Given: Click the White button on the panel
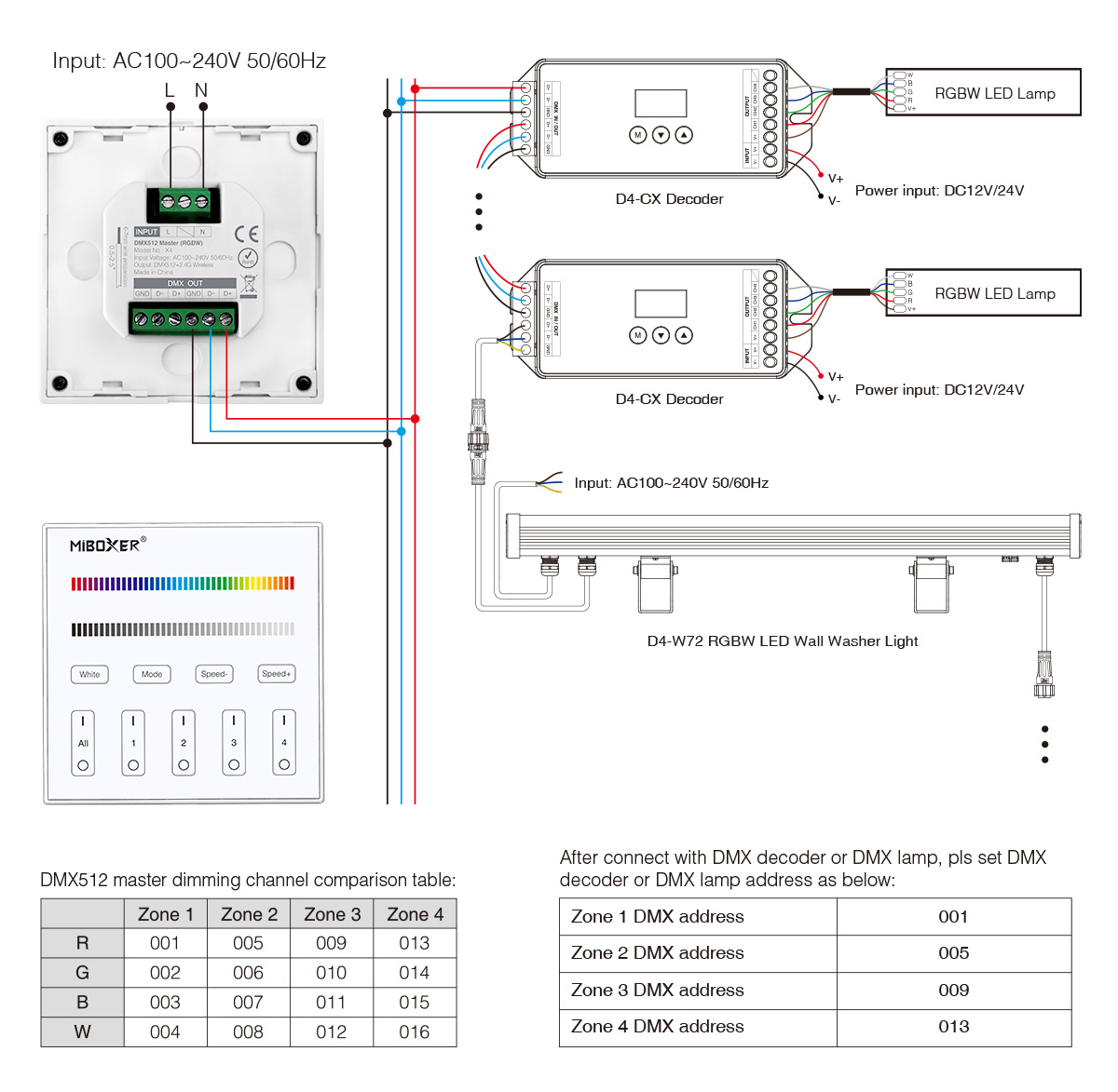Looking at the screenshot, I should (x=89, y=674).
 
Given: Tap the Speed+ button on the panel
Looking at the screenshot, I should (x=276, y=674).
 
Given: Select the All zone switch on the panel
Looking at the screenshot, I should (x=83, y=743).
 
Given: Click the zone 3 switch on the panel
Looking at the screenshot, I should (x=234, y=743).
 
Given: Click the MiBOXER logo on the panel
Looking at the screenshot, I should (x=107, y=545).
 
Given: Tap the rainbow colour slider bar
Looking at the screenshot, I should (x=183, y=584).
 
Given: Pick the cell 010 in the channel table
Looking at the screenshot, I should (x=331, y=973).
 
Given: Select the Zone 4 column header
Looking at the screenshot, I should (x=415, y=914).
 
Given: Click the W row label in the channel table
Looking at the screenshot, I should (x=82, y=1031).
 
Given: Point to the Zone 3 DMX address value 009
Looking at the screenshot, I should (x=953, y=990).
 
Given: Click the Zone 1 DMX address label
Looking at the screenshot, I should (x=658, y=917).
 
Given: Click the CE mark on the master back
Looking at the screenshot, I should (x=247, y=234).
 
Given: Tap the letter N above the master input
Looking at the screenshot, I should (x=201, y=90).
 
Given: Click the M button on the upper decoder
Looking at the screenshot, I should (x=637, y=135).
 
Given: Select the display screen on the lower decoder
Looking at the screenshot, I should (x=661, y=303).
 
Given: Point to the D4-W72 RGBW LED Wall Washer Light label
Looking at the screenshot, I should (x=783, y=641).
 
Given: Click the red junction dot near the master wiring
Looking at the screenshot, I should (x=415, y=419).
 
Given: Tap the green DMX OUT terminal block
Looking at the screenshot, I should (x=184, y=319).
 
